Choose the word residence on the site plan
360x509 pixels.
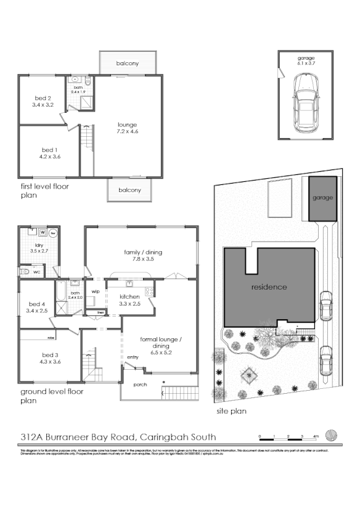coord(269,287)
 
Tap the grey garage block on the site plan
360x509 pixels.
coord(322,198)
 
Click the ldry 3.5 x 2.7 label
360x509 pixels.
coord(38,249)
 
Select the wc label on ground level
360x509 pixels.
coord(37,271)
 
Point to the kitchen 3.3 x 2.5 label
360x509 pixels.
coord(129,300)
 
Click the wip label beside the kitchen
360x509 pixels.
coord(96,291)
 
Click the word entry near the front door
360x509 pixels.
coord(133,357)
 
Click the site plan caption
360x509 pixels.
coord(231,410)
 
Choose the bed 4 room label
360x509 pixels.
coord(38,307)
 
